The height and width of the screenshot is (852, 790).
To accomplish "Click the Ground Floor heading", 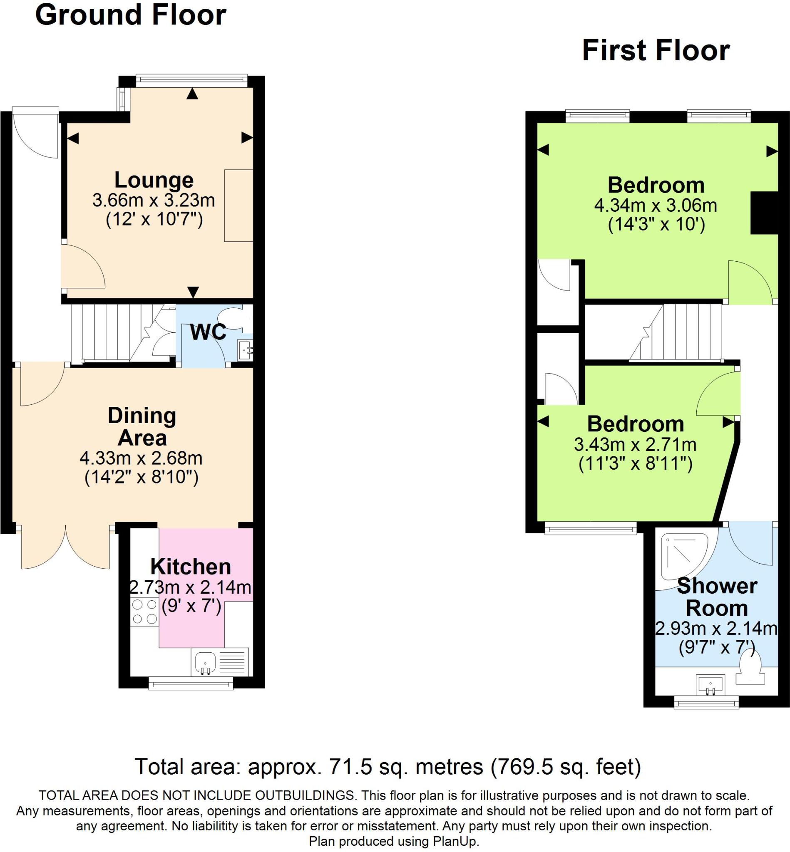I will pos(130,15).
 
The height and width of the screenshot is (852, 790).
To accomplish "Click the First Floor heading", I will pos(656,51).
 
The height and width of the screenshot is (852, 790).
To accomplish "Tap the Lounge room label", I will pos(154,180).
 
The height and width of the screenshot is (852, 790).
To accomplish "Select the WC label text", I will pos(208,332).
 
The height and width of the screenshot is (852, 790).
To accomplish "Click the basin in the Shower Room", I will pos(711,685).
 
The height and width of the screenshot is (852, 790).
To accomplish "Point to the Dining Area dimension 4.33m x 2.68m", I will pos(141,458).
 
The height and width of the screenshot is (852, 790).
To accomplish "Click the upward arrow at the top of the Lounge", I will pos(193,94).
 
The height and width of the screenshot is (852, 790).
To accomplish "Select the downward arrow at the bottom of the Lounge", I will pos(193,292).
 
